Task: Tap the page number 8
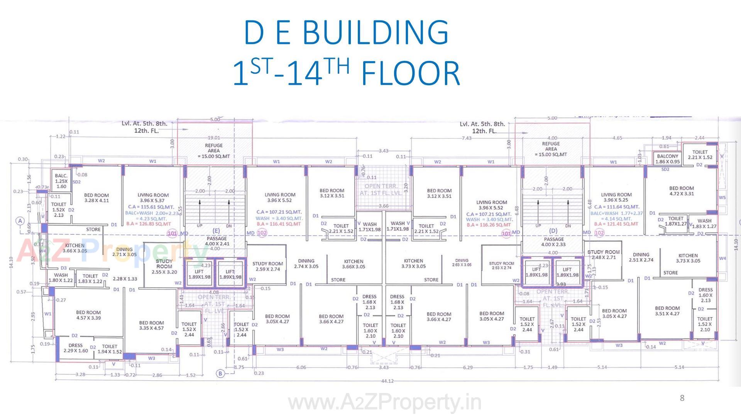click(x=682, y=398)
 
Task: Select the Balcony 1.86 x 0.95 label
click(x=667, y=159)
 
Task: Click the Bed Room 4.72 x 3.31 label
click(x=681, y=191)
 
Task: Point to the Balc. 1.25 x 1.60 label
click(x=61, y=181)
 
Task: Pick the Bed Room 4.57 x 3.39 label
click(x=88, y=315)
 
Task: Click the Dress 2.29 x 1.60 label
click(x=76, y=348)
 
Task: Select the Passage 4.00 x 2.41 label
click(x=217, y=241)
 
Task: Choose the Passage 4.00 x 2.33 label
click(x=553, y=242)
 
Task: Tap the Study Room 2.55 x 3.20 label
click(x=164, y=266)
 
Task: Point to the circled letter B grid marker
click(x=220, y=373)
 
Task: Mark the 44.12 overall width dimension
click(x=387, y=381)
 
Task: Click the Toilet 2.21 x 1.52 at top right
click(x=700, y=154)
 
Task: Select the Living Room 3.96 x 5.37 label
click(x=153, y=198)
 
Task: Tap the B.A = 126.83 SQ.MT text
click(x=149, y=224)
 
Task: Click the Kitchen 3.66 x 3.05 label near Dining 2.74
click(x=354, y=264)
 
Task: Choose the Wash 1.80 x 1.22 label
click(x=61, y=278)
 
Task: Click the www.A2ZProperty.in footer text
click(x=385, y=403)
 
